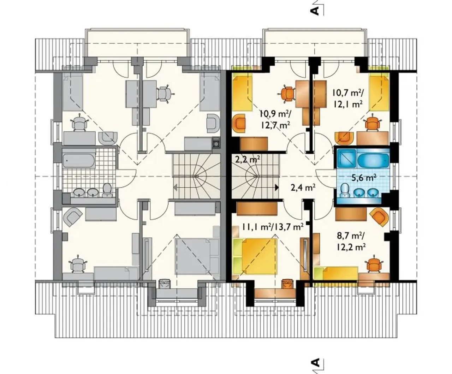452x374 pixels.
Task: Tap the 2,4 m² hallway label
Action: [303, 187]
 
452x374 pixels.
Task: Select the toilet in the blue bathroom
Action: [344, 191]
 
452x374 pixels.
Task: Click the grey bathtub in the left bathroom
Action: [79, 161]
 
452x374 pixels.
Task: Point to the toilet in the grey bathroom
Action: [107, 190]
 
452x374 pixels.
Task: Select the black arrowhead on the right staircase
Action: [277, 188]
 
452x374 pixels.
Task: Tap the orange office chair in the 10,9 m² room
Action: [287, 94]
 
